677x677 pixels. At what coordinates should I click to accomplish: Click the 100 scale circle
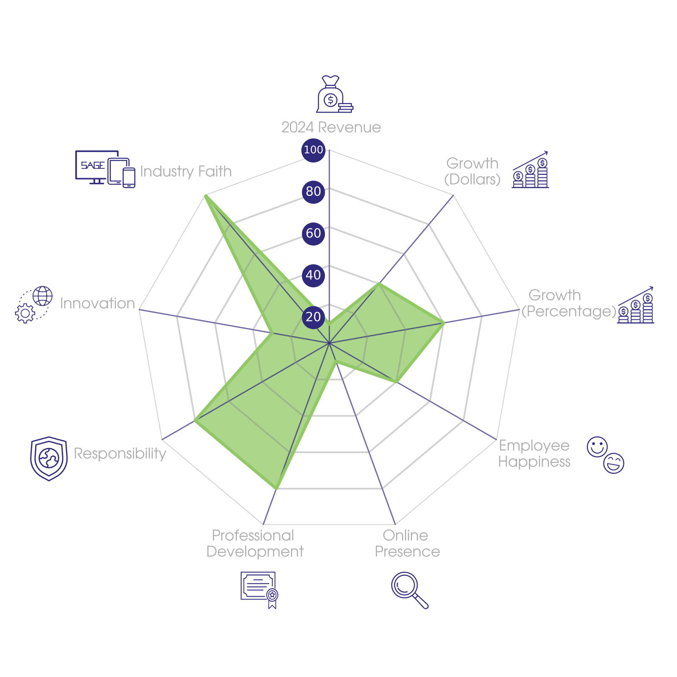click(313, 150)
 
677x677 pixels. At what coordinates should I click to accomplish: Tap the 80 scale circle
click(313, 191)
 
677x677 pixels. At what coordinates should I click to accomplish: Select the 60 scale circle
click(313, 233)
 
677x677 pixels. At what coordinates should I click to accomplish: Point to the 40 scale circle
click(313, 275)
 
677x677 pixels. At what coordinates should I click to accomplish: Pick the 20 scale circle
click(313, 316)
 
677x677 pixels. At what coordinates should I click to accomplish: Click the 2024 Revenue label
click(331, 127)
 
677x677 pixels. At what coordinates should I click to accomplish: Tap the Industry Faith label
click(186, 171)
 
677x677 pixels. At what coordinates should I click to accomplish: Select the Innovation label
click(97, 303)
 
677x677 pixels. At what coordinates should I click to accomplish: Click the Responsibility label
click(120, 454)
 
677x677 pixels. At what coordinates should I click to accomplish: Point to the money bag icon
click(334, 94)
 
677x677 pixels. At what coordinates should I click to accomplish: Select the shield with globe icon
click(49, 459)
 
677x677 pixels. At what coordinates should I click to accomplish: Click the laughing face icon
click(614, 463)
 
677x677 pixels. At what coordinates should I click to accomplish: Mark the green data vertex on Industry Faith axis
click(205, 195)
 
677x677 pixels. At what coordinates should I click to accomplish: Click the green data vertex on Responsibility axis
click(195, 421)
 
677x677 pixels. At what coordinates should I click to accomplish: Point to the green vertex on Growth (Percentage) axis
click(443, 323)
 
